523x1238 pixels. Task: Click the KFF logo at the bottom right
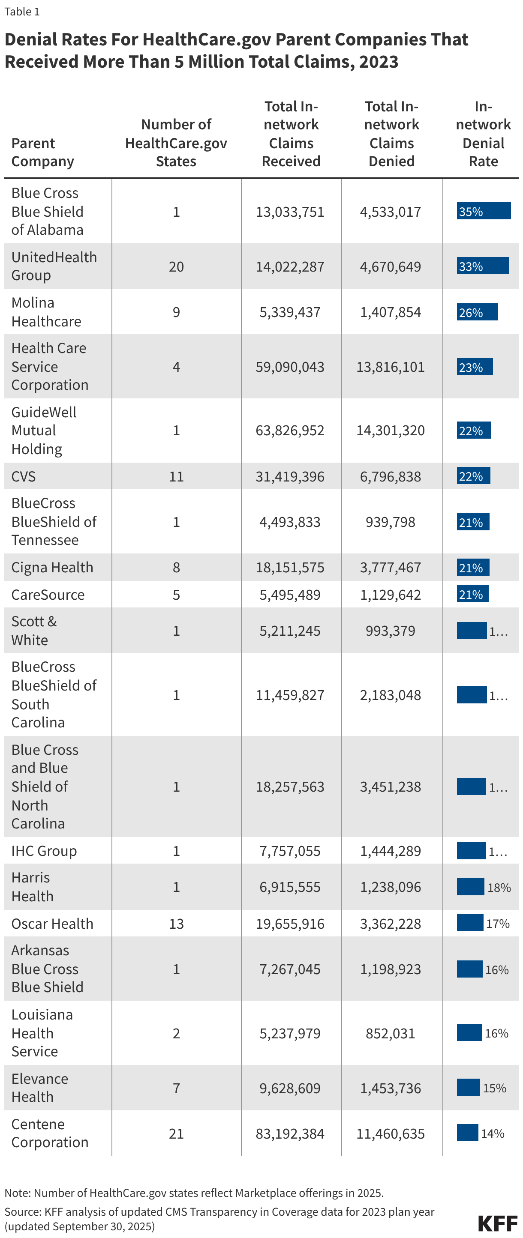point(498,1223)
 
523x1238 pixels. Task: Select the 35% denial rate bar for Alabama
point(483,211)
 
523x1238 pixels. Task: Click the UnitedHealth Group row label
point(54,266)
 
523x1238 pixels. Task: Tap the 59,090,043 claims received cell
point(290,367)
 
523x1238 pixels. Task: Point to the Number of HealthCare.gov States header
point(176,143)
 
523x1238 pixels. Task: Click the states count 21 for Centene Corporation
point(176,1133)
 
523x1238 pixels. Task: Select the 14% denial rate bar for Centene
point(467,1132)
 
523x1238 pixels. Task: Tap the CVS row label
point(24,476)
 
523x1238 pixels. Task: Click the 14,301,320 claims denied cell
point(390,430)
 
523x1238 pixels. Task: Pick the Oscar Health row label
point(52,923)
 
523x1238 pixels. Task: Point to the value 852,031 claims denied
point(390,1033)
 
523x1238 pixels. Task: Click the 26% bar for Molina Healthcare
point(477,312)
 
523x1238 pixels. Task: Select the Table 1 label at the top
point(22,11)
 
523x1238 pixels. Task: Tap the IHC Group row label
point(44,851)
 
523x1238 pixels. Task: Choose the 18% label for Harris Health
point(499,887)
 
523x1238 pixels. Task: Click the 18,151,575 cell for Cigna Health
point(290,567)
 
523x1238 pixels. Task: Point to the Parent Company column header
point(42,152)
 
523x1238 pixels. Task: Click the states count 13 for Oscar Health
point(176,923)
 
